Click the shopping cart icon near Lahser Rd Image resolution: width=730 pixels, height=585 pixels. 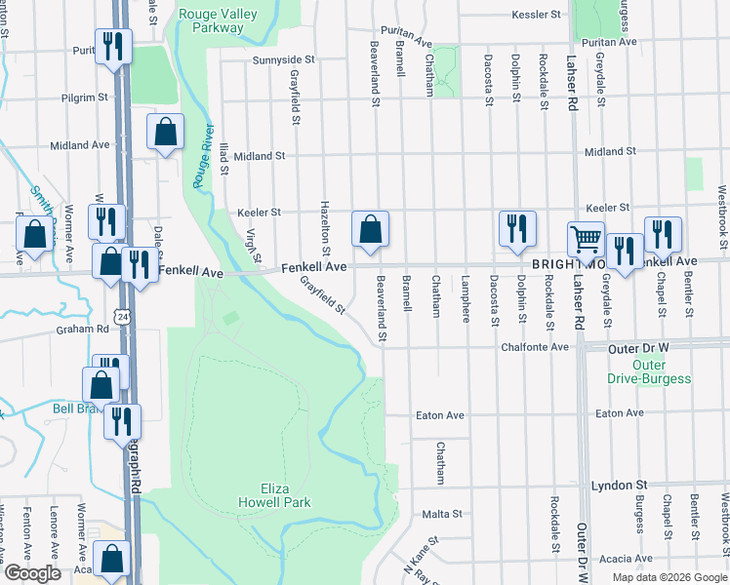coord(586,239)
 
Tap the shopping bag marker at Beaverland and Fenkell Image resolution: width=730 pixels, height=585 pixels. coord(370,229)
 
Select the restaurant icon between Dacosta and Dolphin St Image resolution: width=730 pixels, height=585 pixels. coord(516,228)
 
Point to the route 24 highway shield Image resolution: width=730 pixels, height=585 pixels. coord(121,317)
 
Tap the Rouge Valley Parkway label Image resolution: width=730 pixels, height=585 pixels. coord(212,20)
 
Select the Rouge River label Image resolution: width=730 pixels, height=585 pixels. coord(201,156)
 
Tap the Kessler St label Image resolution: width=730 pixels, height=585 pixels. coord(538,16)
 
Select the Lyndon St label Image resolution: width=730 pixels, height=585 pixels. coord(620,485)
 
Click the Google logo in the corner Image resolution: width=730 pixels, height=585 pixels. coord(32,573)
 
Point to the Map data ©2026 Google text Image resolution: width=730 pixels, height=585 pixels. coord(669,577)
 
